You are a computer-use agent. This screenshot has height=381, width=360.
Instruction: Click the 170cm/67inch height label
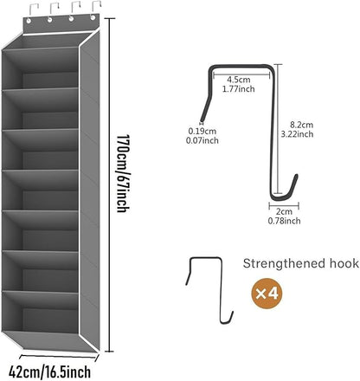click(123, 173)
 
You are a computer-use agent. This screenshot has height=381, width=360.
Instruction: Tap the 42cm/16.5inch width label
click(49, 371)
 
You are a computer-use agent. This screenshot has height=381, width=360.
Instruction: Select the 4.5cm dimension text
click(238, 80)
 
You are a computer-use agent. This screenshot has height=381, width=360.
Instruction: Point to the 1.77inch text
click(238, 88)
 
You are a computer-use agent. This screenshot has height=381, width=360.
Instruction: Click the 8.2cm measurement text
click(301, 125)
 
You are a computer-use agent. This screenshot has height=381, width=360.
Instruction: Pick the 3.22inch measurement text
click(297, 134)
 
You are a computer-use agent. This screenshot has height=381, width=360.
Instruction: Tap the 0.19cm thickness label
click(202, 131)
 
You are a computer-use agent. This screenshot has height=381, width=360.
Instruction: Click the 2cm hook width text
click(284, 211)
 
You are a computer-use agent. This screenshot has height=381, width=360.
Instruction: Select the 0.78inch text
click(284, 221)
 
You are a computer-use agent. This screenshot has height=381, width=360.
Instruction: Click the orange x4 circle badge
click(267, 294)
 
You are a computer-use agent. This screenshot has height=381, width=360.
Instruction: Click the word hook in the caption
click(344, 263)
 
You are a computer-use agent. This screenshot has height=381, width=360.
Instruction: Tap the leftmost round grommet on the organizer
click(29, 21)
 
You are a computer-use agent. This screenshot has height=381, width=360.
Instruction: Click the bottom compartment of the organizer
click(41, 312)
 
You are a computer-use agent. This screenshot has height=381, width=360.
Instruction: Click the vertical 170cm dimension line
click(109, 185)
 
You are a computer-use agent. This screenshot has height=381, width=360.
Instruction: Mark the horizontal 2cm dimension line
click(284, 206)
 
